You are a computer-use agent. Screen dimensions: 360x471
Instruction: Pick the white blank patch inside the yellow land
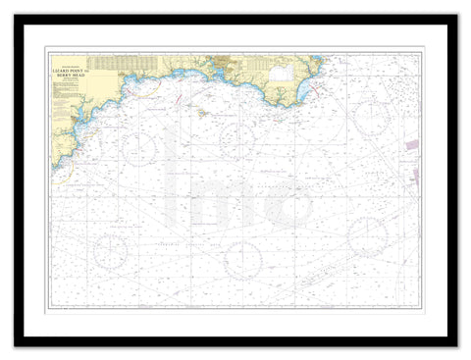(x=282, y=72)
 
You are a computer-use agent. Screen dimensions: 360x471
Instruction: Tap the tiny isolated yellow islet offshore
(x=202, y=112)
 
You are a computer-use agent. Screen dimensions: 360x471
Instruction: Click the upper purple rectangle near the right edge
(x=412, y=144)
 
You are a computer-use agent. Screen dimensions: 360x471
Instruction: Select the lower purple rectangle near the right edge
(x=415, y=177)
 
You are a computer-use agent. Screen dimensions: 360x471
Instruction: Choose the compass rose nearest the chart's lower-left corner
(x=110, y=250)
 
